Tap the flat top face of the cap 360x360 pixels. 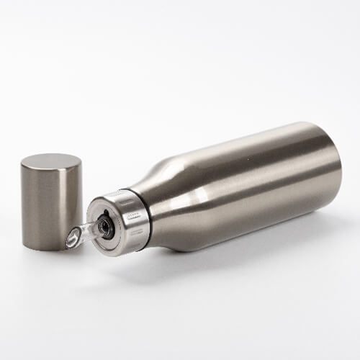(x=50, y=161)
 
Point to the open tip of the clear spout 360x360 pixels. (x=71, y=240)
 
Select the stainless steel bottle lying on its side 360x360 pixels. (x=230, y=191)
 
